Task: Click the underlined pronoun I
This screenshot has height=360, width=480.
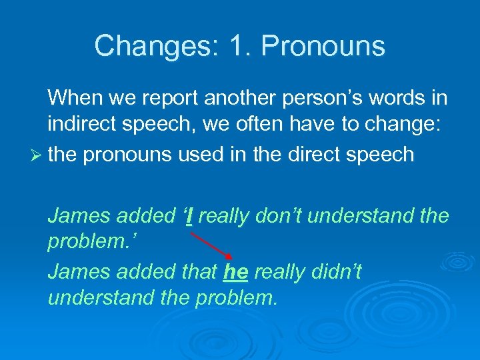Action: click(190, 215)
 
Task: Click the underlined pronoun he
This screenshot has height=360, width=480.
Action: click(236, 271)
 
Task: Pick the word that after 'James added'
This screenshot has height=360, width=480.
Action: click(199, 271)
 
